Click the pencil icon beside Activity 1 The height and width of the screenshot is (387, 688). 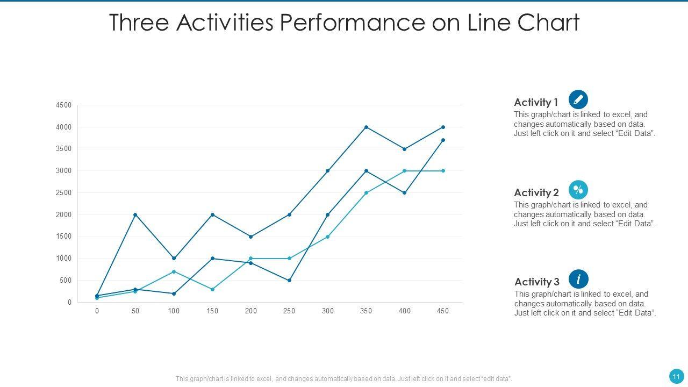tap(578, 99)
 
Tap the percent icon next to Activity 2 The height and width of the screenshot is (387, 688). tap(578, 190)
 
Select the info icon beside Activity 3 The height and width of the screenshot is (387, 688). tap(578, 279)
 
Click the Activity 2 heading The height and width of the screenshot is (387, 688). tap(536, 192)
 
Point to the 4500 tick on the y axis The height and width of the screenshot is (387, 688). tap(63, 105)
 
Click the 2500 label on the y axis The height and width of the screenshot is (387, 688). tap(63, 193)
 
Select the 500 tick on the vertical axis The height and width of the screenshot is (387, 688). tap(65, 281)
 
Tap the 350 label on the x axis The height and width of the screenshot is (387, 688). tap(366, 311)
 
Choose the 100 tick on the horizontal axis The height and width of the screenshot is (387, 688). tap(174, 311)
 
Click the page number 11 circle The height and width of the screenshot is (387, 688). tap(676, 376)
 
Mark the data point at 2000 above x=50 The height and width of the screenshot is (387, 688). tap(135, 215)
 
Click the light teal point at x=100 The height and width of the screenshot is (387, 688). tap(174, 271)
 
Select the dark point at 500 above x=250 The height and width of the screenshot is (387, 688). tap(289, 281)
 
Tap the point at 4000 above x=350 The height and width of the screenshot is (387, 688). tap(366, 127)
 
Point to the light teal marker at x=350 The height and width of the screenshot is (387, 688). tap(366, 193)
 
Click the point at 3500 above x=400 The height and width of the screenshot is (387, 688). tap(405, 149)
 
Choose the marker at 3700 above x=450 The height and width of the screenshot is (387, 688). tap(443, 140)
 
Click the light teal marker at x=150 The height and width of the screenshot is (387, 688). tap(212, 289)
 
